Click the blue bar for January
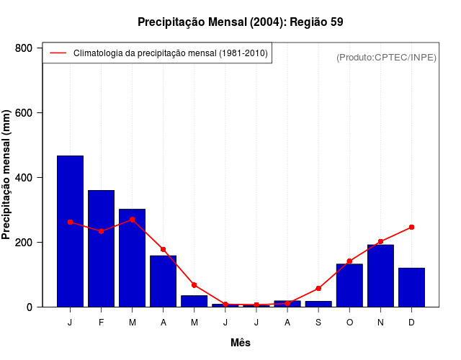click(x=70, y=231)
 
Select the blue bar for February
click(x=101, y=248)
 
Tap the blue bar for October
click(x=349, y=285)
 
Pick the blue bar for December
click(x=411, y=287)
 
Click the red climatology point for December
click(x=411, y=227)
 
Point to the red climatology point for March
click(x=132, y=220)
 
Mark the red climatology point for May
click(x=194, y=285)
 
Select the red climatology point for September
click(x=318, y=288)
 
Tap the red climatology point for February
click(x=101, y=231)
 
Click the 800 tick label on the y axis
click(x=24, y=48)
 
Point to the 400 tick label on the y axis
click(x=24, y=178)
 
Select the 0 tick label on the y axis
click(x=30, y=307)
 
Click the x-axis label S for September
click(x=318, y=323)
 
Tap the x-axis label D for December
click(x=411, y=323)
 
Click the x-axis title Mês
click(x=241, y=343)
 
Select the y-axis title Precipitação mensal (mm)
click(x=7, y=175)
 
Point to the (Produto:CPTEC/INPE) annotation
click(x=386, y=57)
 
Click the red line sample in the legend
click(x=58, y=53)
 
